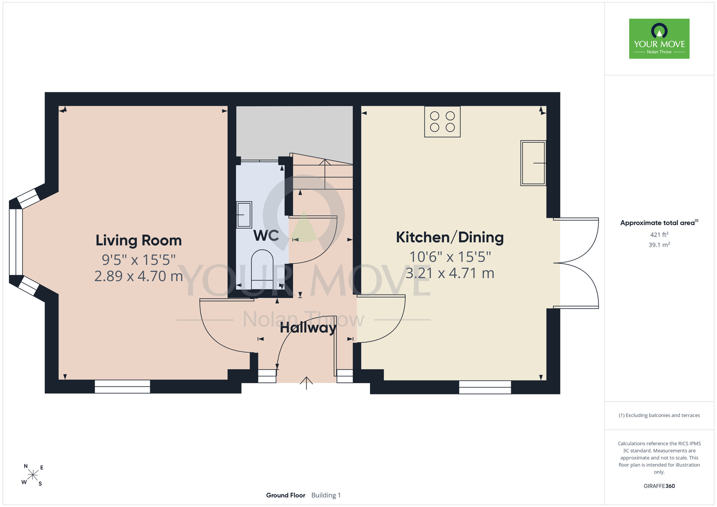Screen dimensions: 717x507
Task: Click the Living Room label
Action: [x=139, y=240]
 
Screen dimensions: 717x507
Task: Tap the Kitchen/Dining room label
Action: [x=450, y=237]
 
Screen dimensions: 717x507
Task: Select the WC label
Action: [x=266, y=236]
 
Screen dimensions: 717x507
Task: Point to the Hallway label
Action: [x=308, y=328]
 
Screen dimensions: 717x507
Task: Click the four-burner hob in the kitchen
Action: [x=442, y=122]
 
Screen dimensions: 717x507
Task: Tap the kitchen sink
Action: [x=533, y=163]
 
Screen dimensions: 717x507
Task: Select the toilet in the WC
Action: [x=262, y=270]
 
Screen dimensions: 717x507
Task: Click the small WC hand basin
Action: [x=244, y=214]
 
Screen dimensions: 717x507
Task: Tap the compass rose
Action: [x=33, y=475]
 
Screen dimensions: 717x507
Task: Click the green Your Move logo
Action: [x=659, y=39]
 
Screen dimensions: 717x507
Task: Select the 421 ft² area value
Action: [x=659, y=234]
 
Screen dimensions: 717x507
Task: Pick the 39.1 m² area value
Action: [x=659, y=245]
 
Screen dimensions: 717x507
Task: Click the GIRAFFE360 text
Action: [x=659, y=486]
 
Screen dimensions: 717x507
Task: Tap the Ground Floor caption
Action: [x=286, y=495]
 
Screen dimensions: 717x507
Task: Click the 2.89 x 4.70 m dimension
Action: [x=139, y=276]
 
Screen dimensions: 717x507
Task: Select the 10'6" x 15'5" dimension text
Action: [x=450, y=257]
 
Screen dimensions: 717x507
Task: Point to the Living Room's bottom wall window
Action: [x=122, y=387]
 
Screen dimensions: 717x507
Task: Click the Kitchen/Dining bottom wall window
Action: [x=485, y=387]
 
